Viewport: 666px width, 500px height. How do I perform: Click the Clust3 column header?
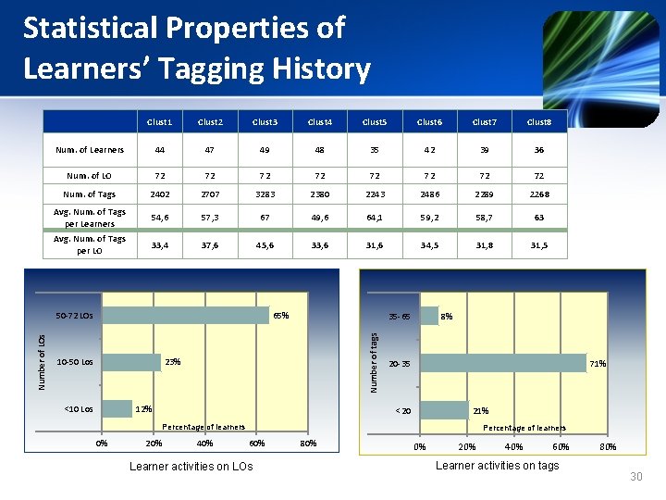[x=265, y=121]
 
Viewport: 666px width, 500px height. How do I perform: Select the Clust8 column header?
[x=538, y=121]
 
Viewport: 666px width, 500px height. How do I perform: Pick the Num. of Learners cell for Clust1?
[x=159, y=149]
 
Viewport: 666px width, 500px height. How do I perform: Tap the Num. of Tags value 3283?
[x=265, y=194]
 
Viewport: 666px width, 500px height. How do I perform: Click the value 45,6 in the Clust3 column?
[x=265, y=244]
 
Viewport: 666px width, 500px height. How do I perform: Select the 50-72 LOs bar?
[x=185, y=315]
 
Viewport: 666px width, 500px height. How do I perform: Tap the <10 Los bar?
[x=117, y=408]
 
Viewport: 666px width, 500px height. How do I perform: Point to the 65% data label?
[x=281, y=316]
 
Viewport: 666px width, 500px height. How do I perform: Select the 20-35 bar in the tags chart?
[x=503, y=363]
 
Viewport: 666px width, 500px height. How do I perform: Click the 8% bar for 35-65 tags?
[x=429, y=316]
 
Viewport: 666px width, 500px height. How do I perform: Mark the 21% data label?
[x=481, y=411]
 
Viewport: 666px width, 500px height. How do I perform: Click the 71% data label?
[x=598, y=364]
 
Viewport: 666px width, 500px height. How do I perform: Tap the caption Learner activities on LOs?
[x=191, y=466]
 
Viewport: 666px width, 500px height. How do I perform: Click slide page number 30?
[x=635, y=477]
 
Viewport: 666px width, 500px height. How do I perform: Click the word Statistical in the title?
[x=90, y=28]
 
